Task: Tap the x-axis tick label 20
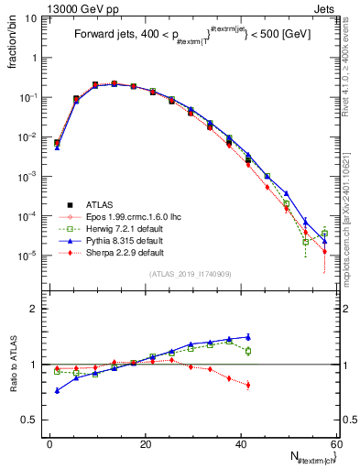(x=146, y=443)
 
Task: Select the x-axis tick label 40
(x=241, y=443)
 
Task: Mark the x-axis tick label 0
(x=50, y=443)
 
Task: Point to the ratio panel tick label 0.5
(x=32, y=420)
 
